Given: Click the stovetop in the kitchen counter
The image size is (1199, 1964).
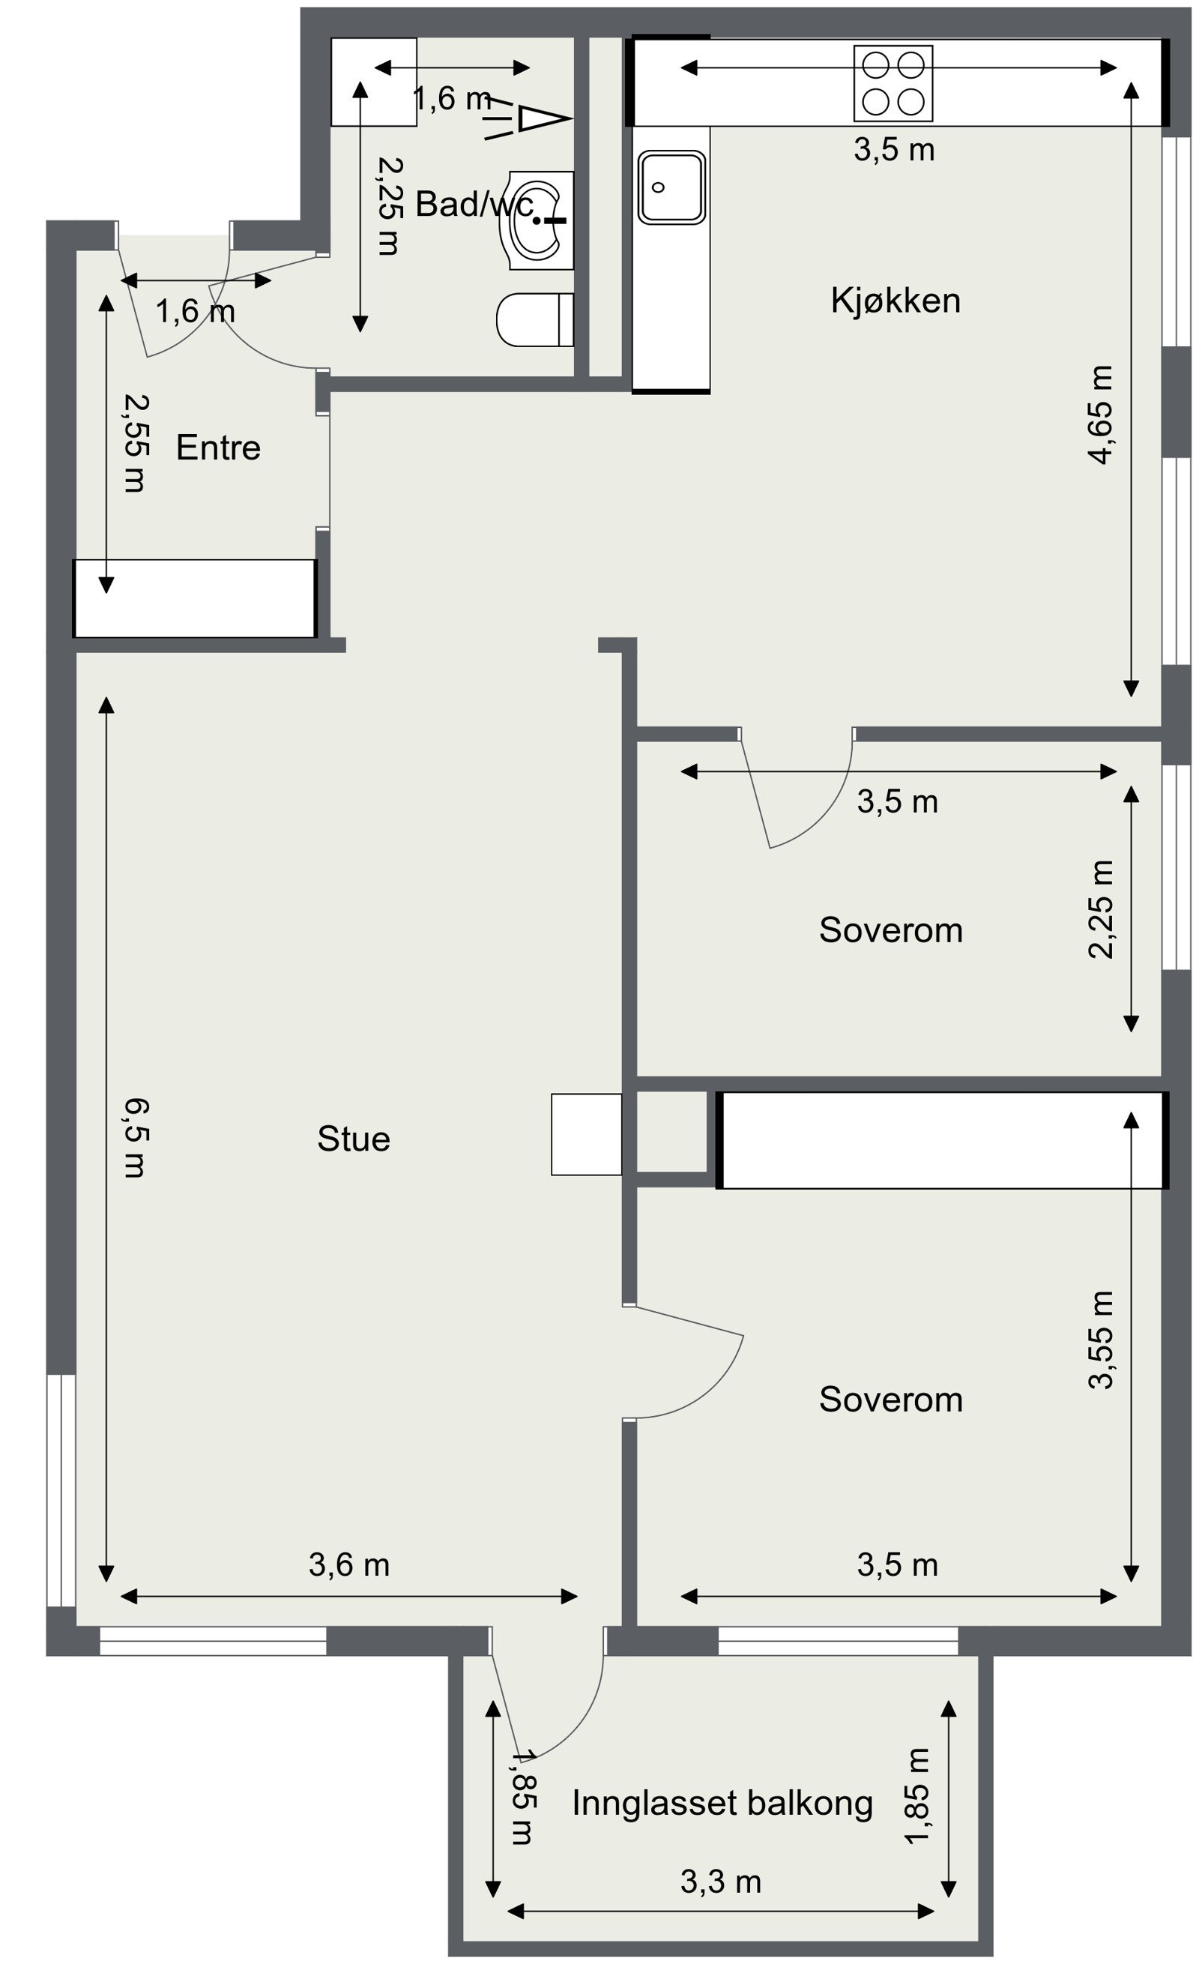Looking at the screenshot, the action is click(x=893, y=83).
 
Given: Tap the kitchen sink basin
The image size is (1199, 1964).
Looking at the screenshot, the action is click(x=671, y=187).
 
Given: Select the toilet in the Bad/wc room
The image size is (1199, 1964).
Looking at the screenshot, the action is click(x=534, y=319).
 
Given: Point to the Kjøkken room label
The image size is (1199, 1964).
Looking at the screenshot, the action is click(x=895, y=301).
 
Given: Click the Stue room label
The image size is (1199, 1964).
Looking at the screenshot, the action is click(x=354, y=1138).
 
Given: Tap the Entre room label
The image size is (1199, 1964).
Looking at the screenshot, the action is click(x=218, y=448).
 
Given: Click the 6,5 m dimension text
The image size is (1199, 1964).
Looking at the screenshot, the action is click(x=136, y=1137).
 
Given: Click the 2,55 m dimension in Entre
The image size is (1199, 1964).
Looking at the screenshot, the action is click(x=136, y=443).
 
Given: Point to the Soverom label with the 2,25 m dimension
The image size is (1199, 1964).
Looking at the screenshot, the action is click(x=891, y=930).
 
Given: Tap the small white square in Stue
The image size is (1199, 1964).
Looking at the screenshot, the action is click(x=586, y=1133).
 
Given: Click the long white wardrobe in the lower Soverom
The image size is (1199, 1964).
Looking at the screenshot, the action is click(x=942, y=1140).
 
